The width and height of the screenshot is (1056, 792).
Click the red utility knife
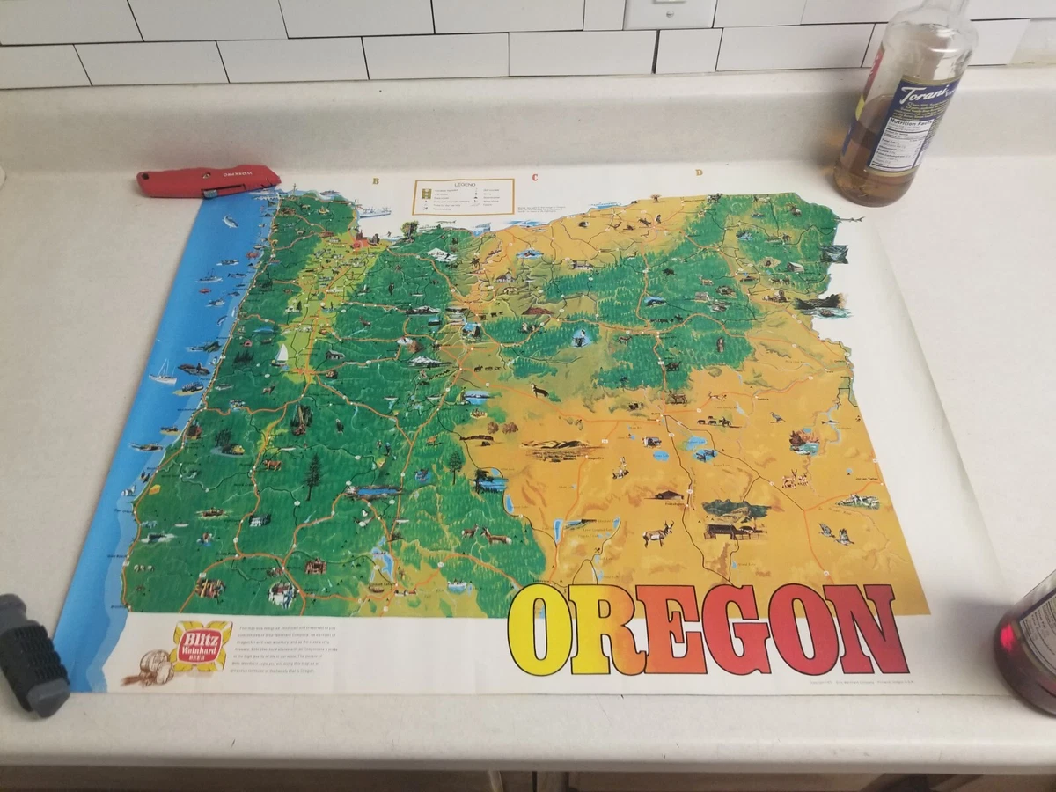(x=208, y=180)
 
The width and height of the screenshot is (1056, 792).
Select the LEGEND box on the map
(x=463, y=196)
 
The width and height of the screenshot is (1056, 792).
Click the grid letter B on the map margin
(x=376, y=181)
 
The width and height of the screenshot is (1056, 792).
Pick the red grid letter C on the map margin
(x=534, y=177)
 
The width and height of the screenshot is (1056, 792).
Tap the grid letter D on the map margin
(x=699, y=172)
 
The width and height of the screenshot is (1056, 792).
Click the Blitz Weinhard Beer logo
(x=201, y=646)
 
